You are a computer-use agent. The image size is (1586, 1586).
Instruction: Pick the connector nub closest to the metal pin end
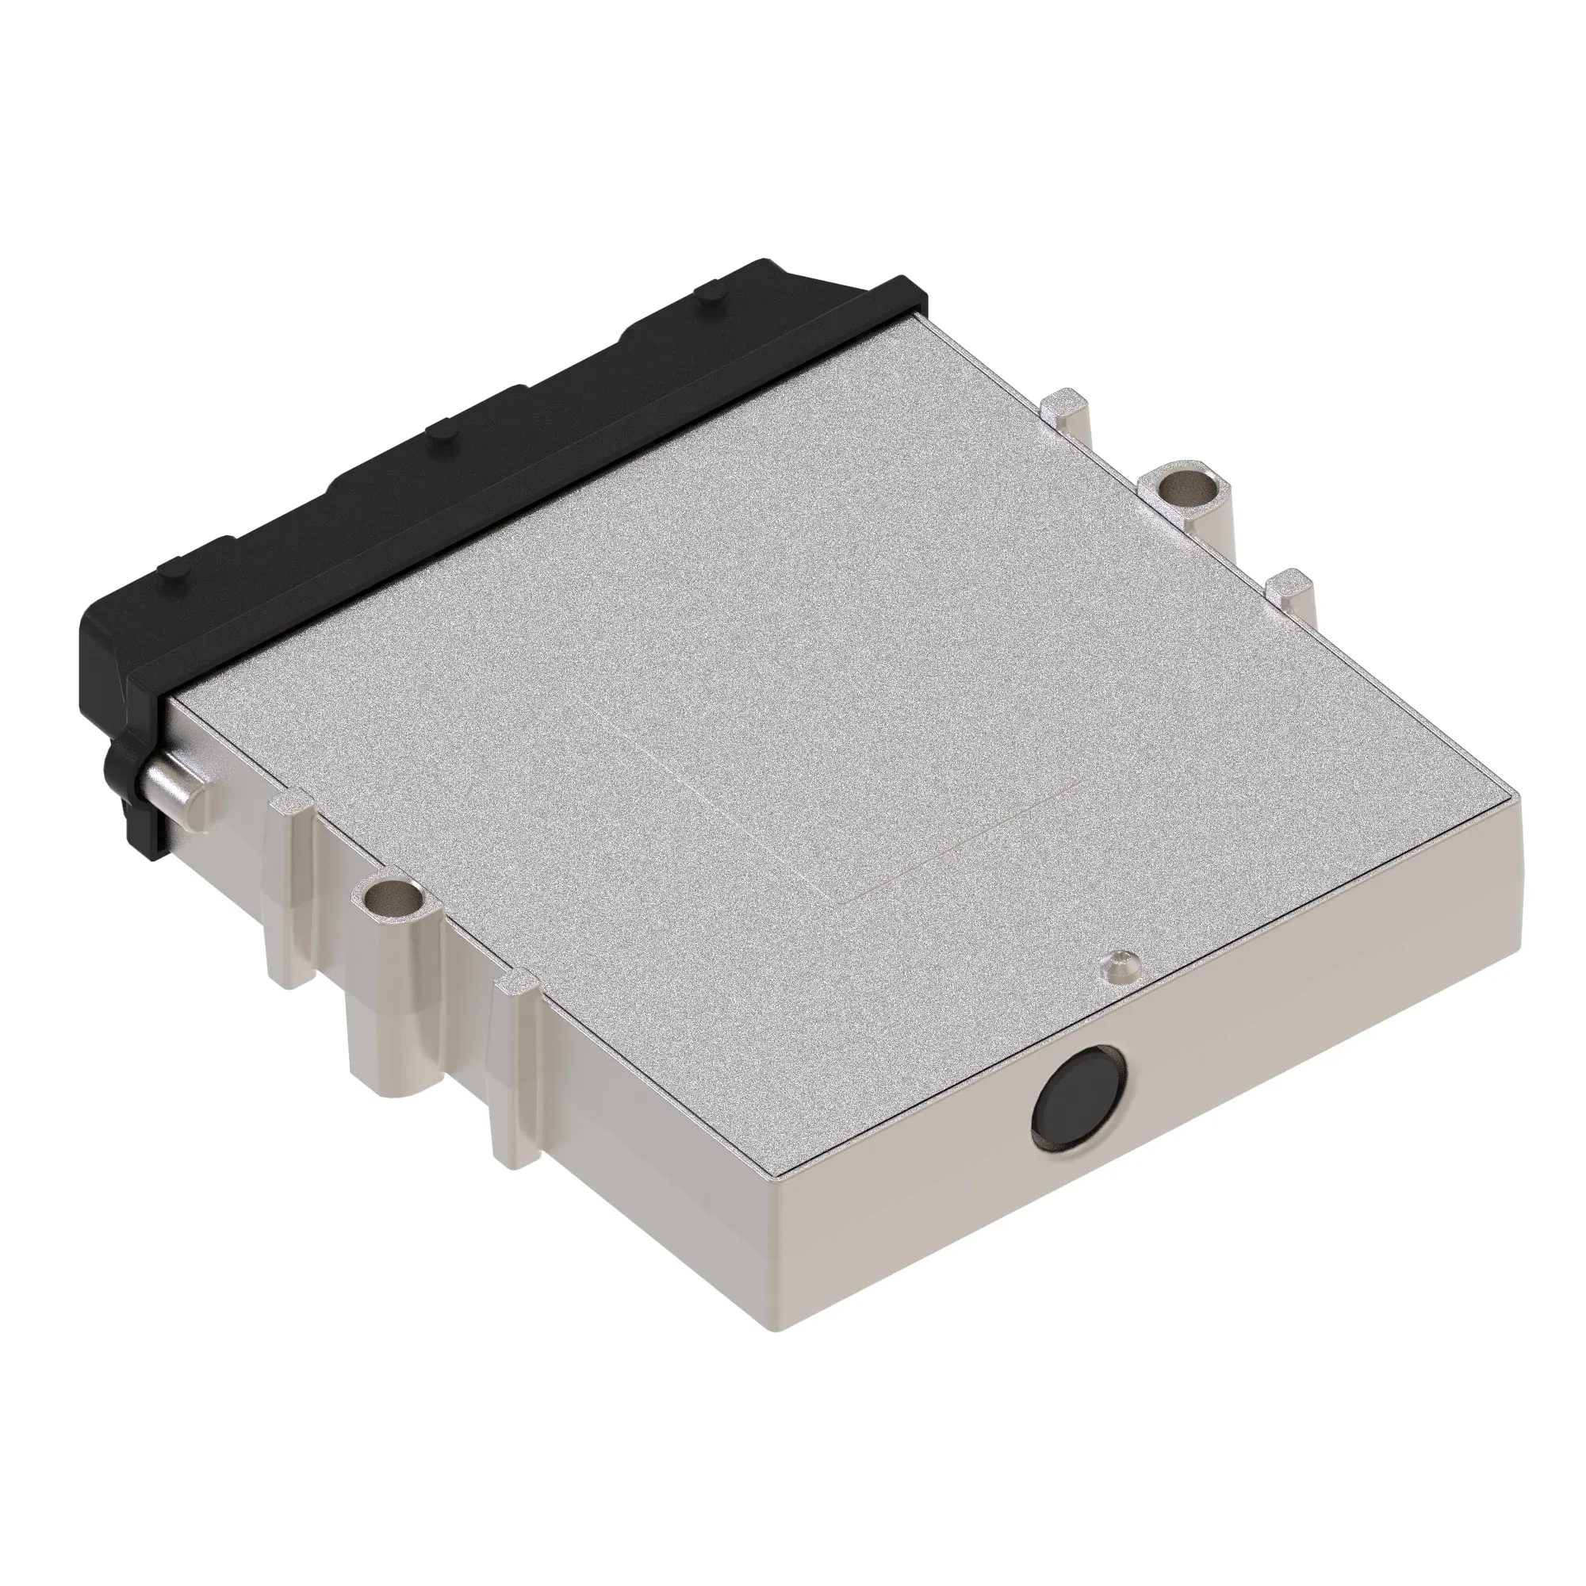click(x=181, y=568)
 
